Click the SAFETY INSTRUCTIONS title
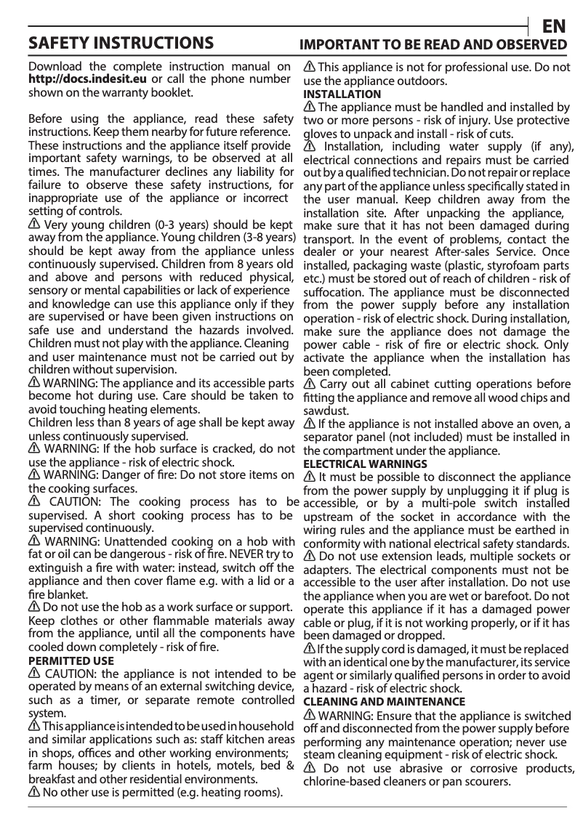pyautogui.click(x=120, y=43)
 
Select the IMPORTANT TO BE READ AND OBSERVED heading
pyautogui.click(x=434, y=44)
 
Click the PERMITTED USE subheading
pyautogui.click(x=71, y=661)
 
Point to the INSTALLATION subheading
pyautogui.click(x=342, y=94)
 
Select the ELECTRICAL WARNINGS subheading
pyautogui.click(x=365, y=464)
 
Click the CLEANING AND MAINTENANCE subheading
pyautogui.click(x=384, y=702)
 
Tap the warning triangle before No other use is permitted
pyautogui.click(x=33, y=791)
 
